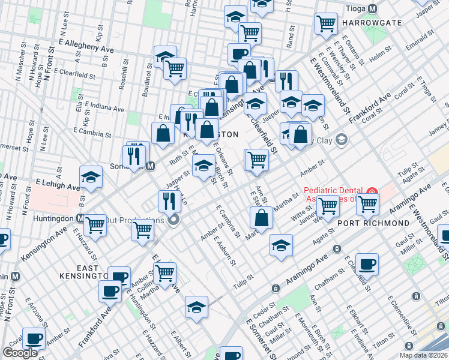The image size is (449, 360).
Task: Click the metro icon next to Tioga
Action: coord(373,9)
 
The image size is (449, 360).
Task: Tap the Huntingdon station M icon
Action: coord(80,217)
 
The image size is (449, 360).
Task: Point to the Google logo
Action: coord(20,353)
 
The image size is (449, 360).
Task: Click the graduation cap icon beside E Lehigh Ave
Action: coord(91,176)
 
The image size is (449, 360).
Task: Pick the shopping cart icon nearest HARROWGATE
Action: coord(326,23)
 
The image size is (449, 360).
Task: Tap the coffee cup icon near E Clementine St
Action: coord(367,263)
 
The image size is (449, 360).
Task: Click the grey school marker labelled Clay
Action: coord(342,140)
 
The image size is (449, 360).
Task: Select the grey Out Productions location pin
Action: coord(174,220)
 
